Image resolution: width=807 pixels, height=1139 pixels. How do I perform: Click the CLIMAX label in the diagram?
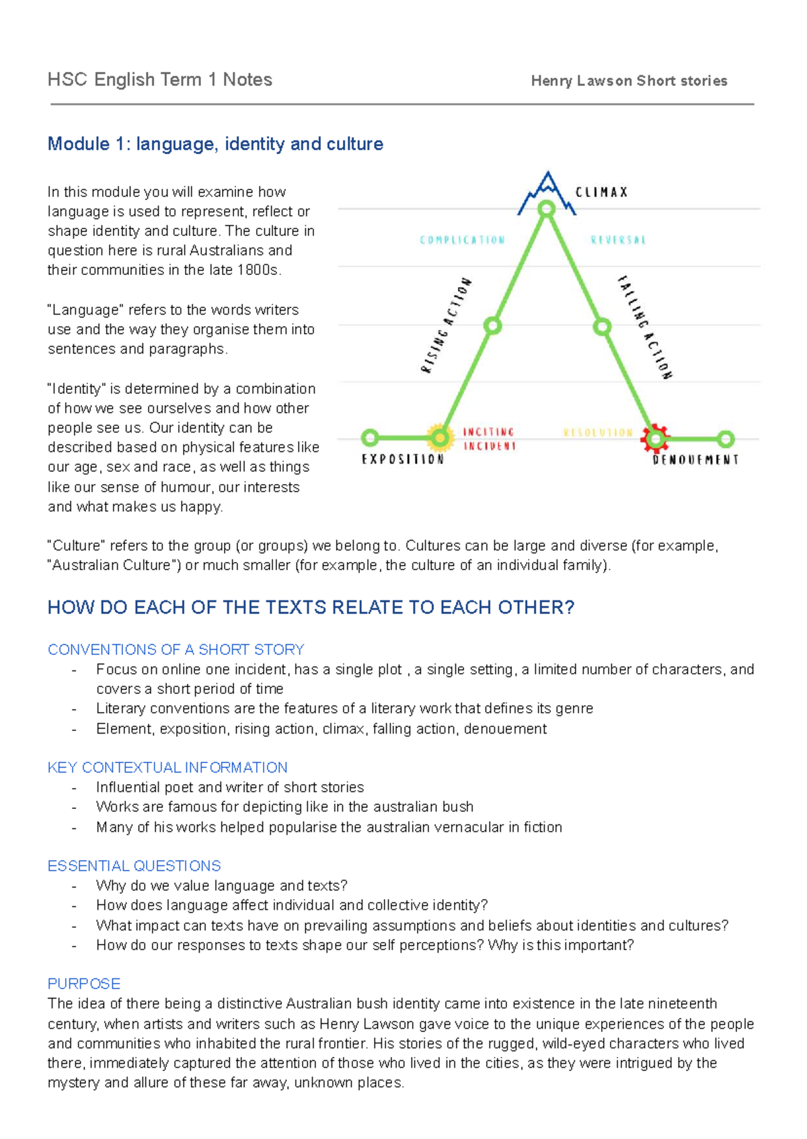(x=602, y=192)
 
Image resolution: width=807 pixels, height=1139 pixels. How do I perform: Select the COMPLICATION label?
(x=462, y=240)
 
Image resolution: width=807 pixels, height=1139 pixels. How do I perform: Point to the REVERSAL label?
(x=618, y=240)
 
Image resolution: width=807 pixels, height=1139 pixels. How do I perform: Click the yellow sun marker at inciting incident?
(x=439, y=437)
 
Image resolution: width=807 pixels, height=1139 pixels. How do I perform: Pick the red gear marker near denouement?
(x=656, y=438)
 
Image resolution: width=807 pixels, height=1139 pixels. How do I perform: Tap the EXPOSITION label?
(x=403, y=459)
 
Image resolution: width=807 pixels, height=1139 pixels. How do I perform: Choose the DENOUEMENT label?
(x=695, y=460)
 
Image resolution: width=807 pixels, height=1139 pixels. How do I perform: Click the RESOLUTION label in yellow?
(x=598, y=433)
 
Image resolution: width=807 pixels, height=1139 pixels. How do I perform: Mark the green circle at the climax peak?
(x=547, y=208)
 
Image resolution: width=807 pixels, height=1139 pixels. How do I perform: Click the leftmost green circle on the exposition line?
(x=370, y=437)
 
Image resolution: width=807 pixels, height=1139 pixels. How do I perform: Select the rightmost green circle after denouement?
(x=726, y=438)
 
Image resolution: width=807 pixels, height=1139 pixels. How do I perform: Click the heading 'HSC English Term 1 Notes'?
(x=159, y=80)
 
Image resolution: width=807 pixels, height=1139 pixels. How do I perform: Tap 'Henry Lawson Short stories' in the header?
(x=629, y=81)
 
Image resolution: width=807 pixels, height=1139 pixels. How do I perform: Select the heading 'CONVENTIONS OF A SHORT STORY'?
(x=176, y=650)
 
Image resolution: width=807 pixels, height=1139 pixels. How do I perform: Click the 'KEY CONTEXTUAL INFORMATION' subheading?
(x=167, y=767)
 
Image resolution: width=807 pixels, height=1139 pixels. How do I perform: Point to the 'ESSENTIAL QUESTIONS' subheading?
(x=134, y=866)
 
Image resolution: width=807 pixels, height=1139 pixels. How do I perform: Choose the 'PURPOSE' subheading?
(x=84, y=984)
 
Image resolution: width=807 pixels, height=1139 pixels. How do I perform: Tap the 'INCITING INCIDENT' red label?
(x=489, y=439)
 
